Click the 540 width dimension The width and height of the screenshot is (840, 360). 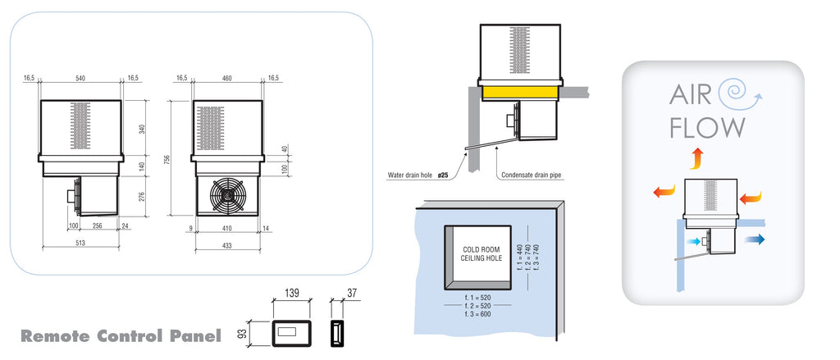[80, 78]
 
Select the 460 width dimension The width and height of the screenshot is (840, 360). [227, 78]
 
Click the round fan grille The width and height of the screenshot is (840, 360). [227, 195]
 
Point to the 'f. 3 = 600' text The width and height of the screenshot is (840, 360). [479, 315]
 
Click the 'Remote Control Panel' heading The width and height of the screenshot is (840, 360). [121, 336]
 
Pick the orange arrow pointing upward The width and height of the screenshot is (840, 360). [696, 157]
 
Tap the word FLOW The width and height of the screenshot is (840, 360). [707, 128]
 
